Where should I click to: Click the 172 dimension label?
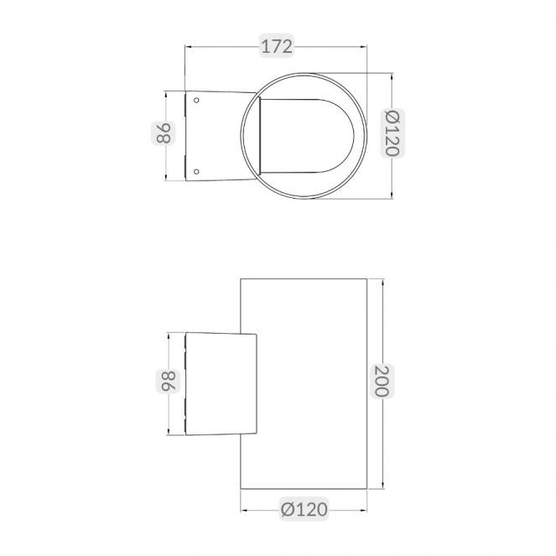[277, 46]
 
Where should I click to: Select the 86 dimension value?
[164, 133]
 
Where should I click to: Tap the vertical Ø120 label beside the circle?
[392, 133]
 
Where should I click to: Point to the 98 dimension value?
[168, 382]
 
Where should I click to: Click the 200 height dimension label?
[382, 381]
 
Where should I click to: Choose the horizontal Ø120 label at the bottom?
[304, 510]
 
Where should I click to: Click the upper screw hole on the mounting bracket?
[196, 101]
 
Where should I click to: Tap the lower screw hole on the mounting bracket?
[196, 172]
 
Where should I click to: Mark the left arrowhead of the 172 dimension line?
[189, 46]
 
